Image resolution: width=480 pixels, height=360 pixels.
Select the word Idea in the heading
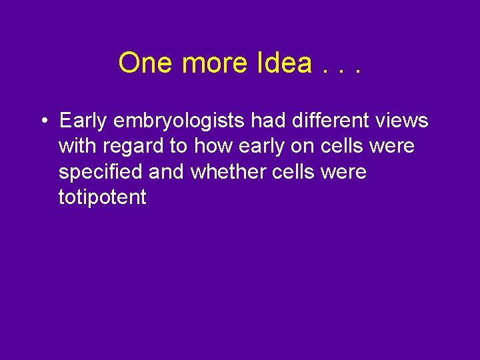coord(283,63)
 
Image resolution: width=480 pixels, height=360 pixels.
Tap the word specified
coord(101,173)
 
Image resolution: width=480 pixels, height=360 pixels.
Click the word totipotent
coord(102,197)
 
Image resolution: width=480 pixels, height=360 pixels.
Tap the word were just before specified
coord(390,146)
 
